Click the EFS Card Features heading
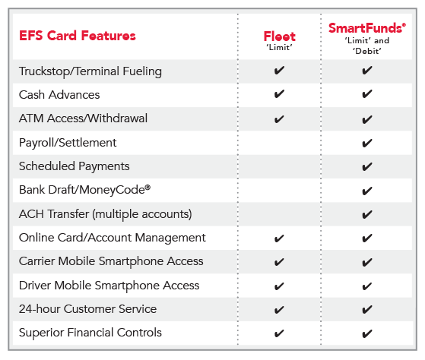[x=78, y=36]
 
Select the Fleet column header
[x=280, y=36]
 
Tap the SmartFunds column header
[x=367, y=28]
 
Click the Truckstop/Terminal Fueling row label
[x=90, y=71]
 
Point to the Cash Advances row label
[x=59, y=95]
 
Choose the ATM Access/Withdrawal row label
[x=83, y=118]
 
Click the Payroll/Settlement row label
[x=68, y=143]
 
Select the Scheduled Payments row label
[x=75, y=166]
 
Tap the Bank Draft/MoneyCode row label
[x=84, y=190]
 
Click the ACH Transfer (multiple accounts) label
[x=106, y=214]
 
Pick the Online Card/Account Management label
[x=113, y=238]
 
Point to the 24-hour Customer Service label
[x=88, y=309]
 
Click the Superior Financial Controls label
[x=90, y=333]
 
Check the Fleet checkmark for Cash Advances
[x=279, y=94]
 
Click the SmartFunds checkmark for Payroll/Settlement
[x=367, y=144]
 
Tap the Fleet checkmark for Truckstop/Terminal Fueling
[x=279, y=71]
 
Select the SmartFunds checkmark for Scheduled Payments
[x=367, y=167]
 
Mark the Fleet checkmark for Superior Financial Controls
[x=279, y=333]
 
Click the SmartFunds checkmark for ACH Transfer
[x=367, y=215]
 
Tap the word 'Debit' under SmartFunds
[x=367, y=51]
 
